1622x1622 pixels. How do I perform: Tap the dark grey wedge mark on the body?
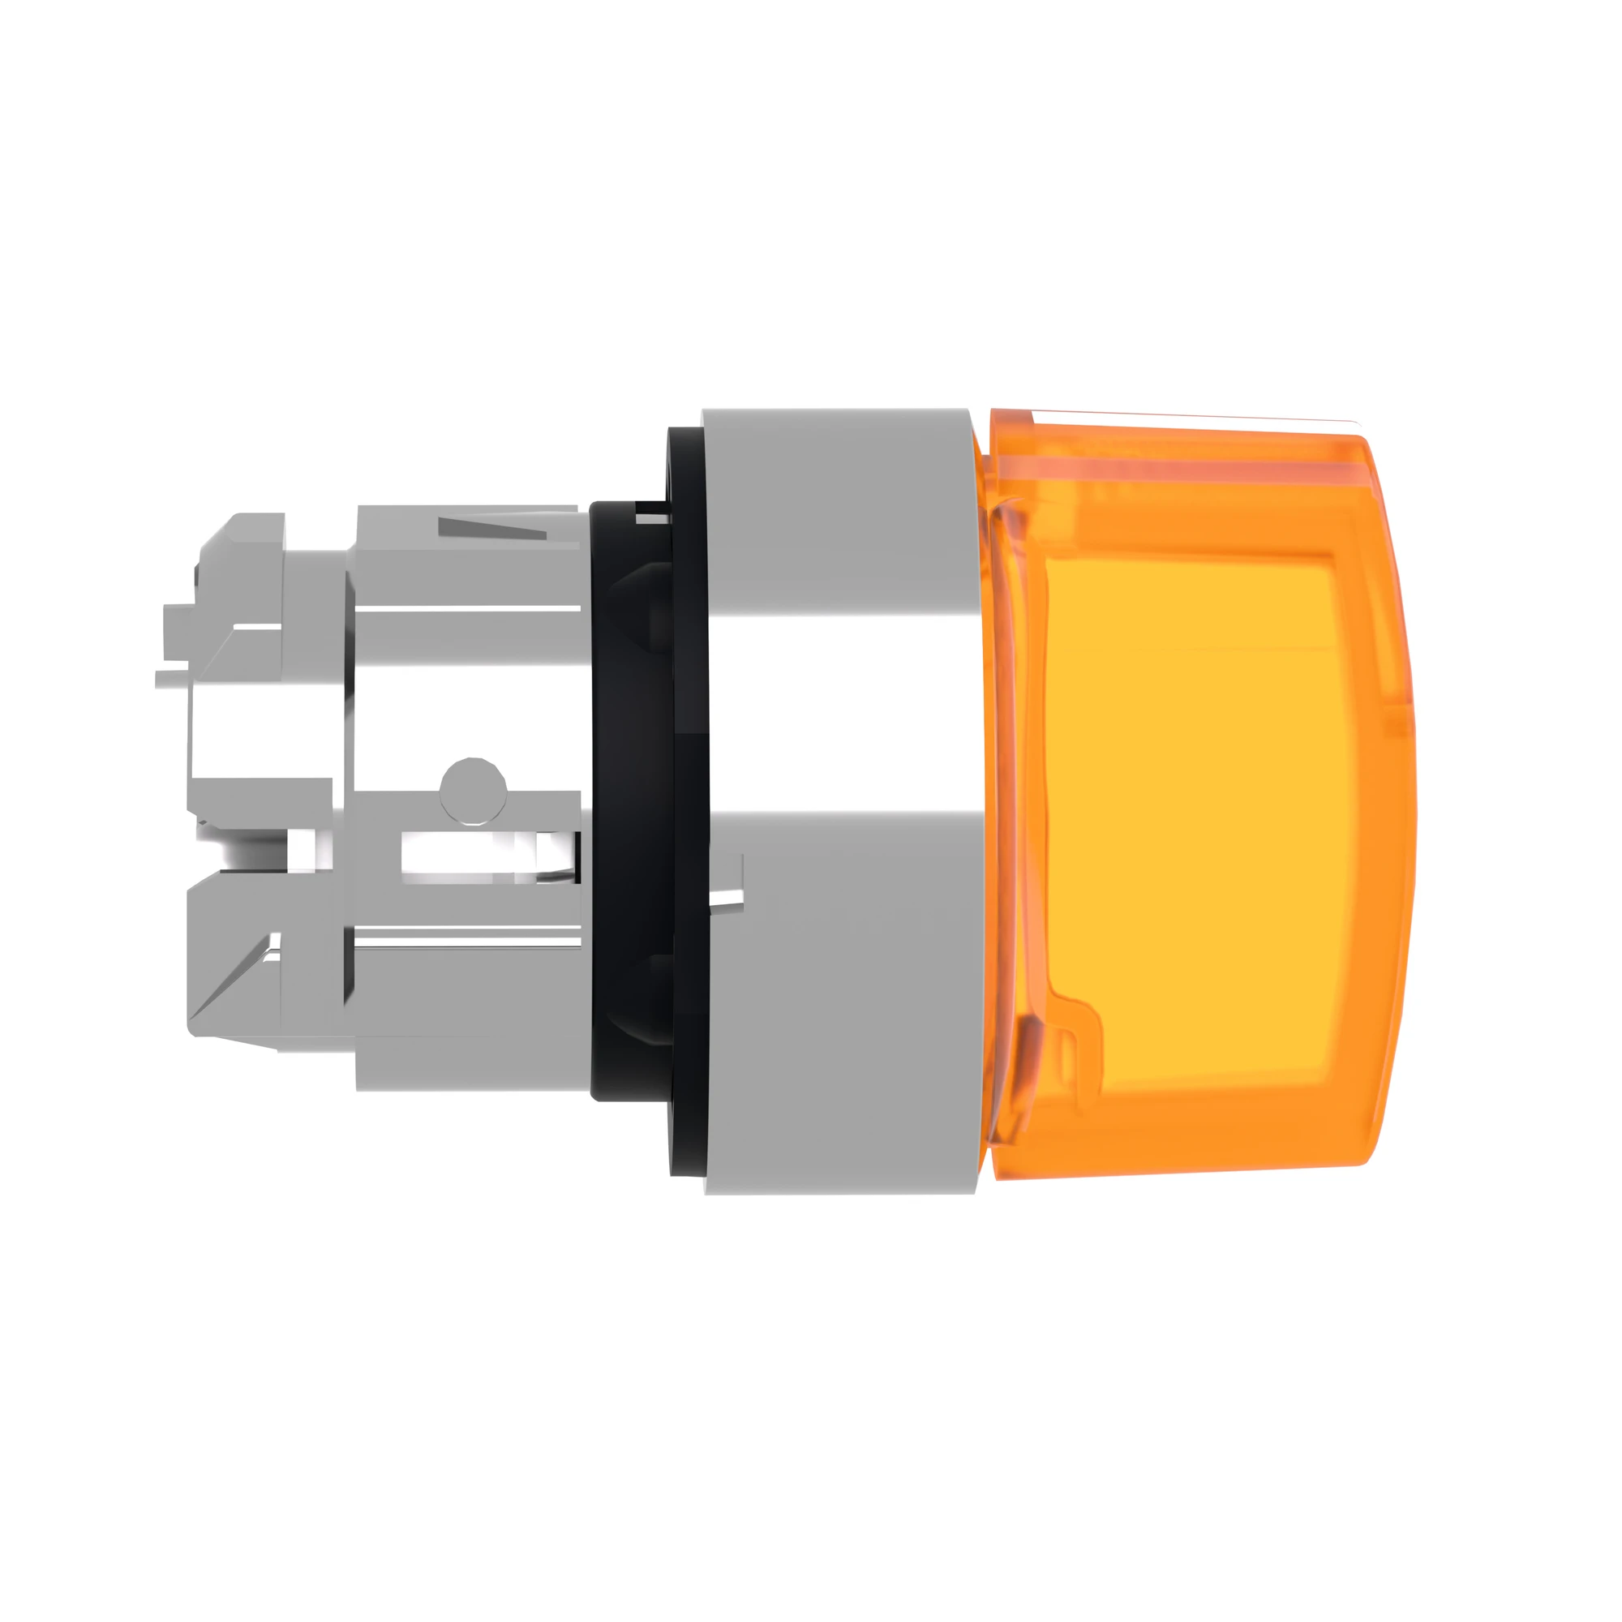491,529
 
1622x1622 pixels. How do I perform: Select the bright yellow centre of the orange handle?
1192,806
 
